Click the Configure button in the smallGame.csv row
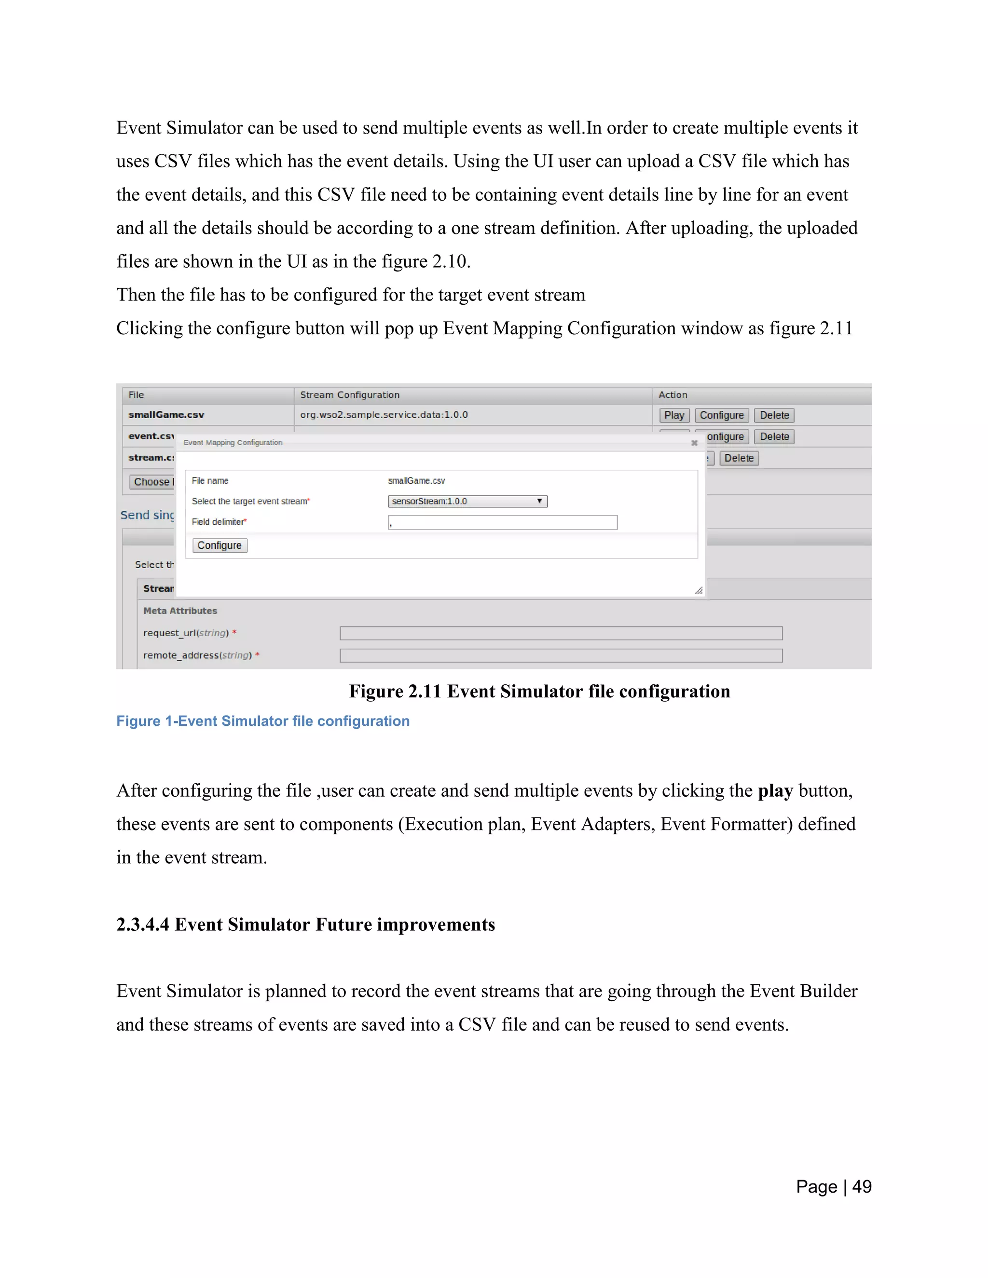pos(721,415)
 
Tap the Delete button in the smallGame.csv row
pos(774,415)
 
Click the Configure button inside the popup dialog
pos(220,545)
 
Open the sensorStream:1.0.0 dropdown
pos(467,502)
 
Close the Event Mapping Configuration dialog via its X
pos(694,443)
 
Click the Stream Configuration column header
pos(349,395)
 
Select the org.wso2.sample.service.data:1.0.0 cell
pos(384,415)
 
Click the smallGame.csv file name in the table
pos(166,415)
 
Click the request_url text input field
pos(560,633)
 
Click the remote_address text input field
pos(560,655)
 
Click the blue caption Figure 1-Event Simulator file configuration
pos(262,721)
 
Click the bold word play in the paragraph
pos(775,790)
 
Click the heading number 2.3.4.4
pos(142,925)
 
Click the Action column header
pos(672,395)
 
